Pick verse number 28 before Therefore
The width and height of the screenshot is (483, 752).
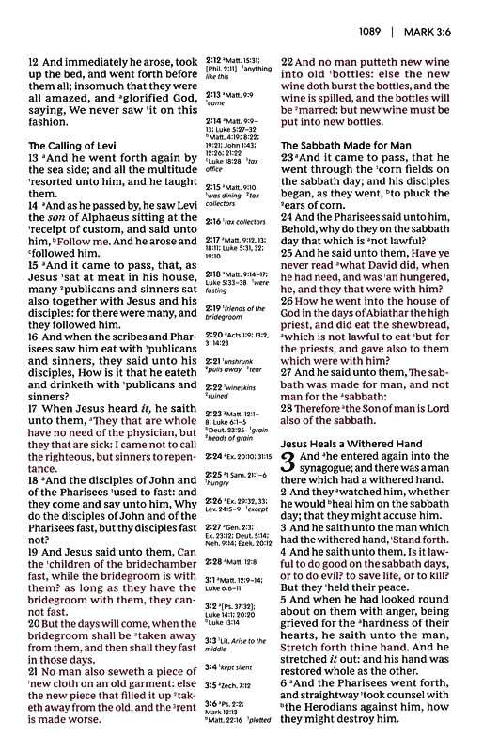tap(288, 410)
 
